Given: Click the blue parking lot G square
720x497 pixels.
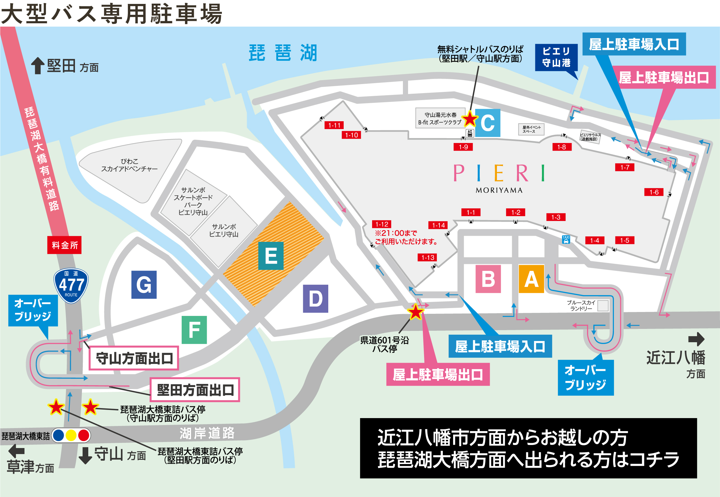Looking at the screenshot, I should [x=144, y=284].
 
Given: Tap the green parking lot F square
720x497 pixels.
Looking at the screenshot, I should [x=194, y=330].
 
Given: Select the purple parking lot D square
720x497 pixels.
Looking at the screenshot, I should [x=315, y=299].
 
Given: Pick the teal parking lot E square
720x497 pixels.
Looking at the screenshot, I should [x=271, y=256].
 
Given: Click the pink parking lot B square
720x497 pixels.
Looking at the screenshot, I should [x=488, y=279].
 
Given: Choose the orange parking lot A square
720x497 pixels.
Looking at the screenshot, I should [x=531, y=279].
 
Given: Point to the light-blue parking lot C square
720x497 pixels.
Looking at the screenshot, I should [x=488, y=123].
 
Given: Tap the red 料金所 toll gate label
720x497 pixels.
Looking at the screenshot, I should [x=64, y=245].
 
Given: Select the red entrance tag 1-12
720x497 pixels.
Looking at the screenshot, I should [x=382, y=224].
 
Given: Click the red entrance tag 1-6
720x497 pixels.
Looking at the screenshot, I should [x=654, y=192].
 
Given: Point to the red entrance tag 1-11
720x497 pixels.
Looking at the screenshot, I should [x=334, y=125].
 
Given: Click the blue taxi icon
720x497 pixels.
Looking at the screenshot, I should [x=566, y=239].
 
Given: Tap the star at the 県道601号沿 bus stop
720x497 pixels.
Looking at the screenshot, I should [x=416, y=312].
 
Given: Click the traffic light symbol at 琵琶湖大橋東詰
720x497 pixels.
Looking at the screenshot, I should [x=71, y=435].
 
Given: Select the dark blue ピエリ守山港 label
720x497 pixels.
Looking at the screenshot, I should [x=556, y=57].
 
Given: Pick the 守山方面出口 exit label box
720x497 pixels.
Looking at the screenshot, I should [x=134, y=358].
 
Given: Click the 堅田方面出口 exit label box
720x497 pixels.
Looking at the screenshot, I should [x=195, y=390].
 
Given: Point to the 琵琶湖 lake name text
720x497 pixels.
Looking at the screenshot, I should [x=283, y=53].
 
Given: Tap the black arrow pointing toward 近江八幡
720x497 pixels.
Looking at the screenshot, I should [x=696, y=339].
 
